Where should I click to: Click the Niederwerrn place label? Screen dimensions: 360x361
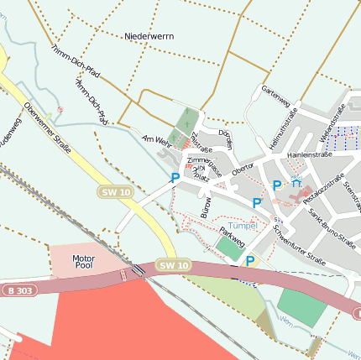pos(149,37)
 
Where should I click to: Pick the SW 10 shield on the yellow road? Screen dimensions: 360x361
pos(116,192)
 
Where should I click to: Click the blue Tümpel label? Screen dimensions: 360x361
pos(243,226)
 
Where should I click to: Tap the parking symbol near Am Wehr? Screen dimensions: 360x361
pos(175,178)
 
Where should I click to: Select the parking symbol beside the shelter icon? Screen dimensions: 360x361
pos(277,185)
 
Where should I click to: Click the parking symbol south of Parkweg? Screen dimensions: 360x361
pos(249,262)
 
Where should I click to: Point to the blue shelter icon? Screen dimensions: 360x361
pos(296,182)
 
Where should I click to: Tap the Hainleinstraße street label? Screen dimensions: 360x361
pos(310,154)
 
